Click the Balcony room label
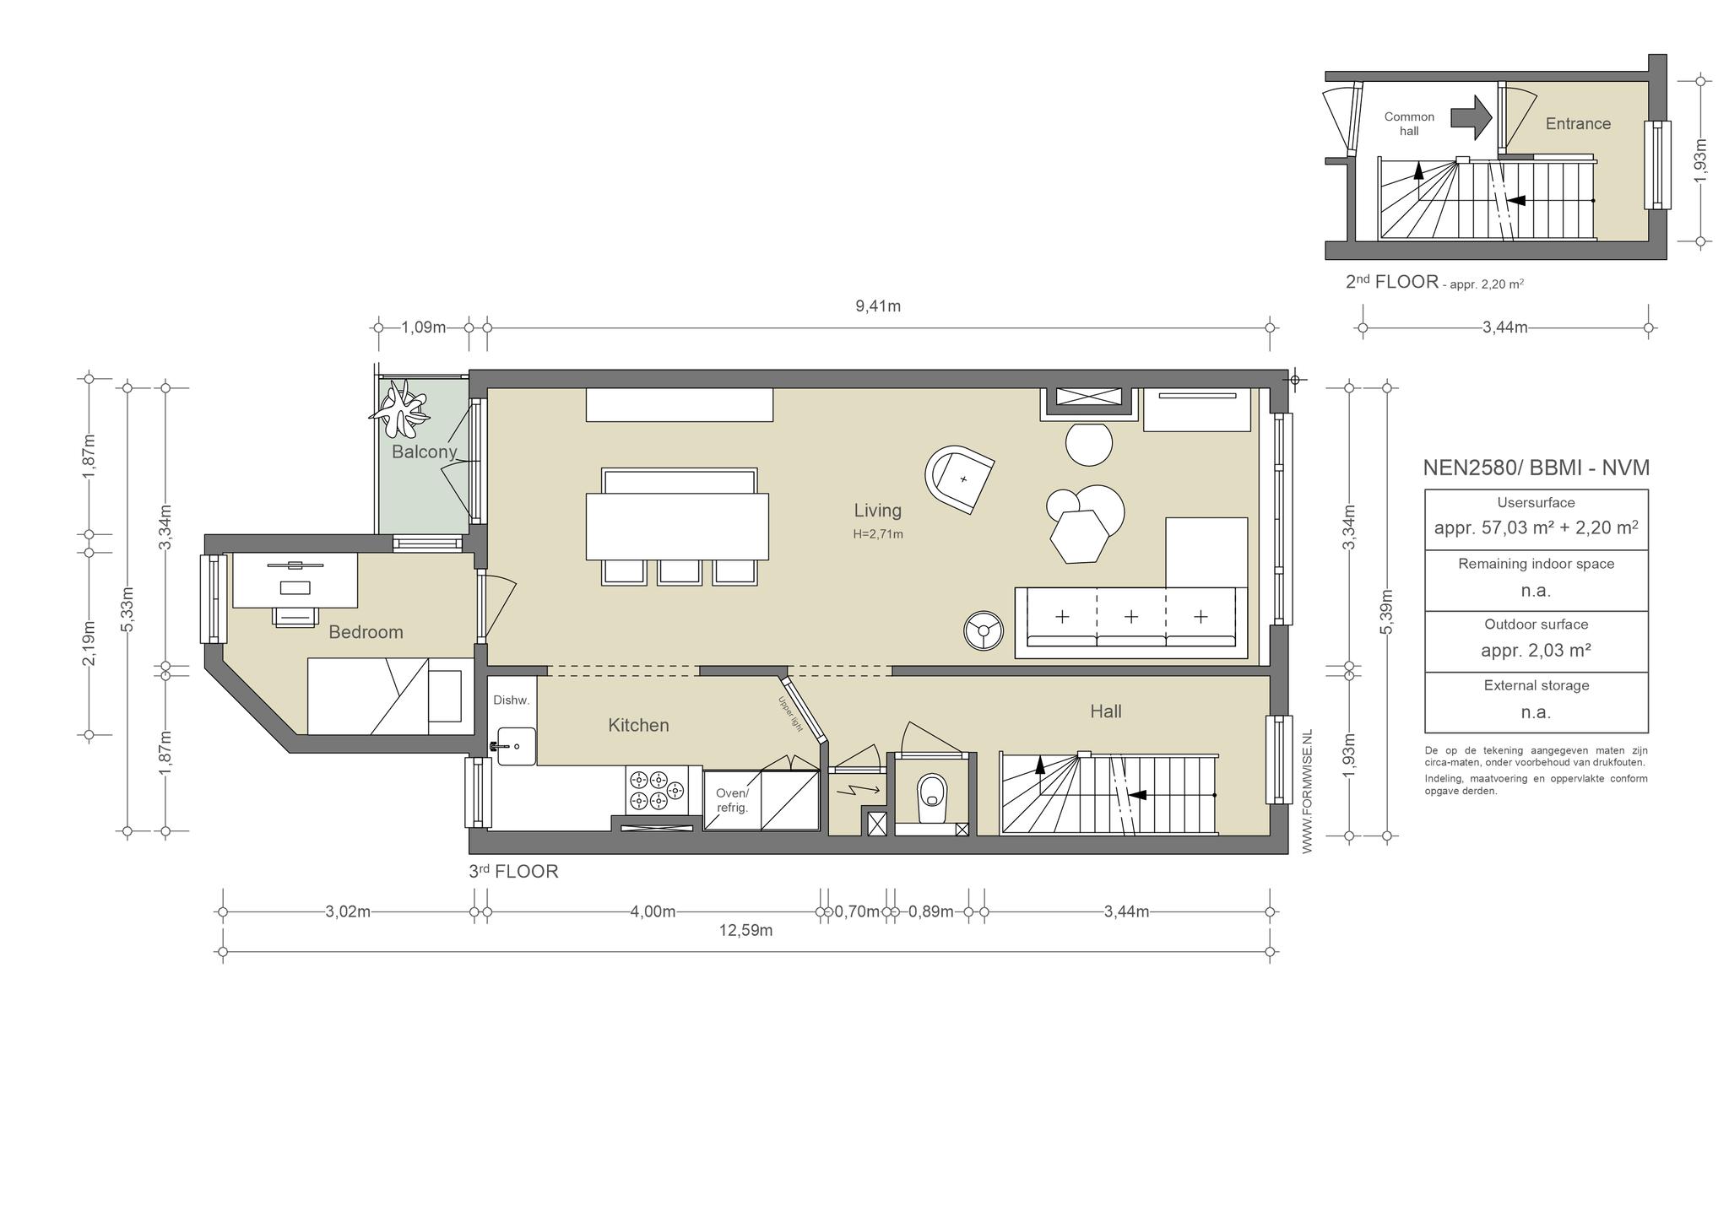[424, 451]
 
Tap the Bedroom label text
[366, 632]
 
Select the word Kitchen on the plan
[638, 725]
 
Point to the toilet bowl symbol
[932, 793]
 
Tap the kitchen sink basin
[516, 746]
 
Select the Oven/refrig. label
[732, 800]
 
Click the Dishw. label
[511, 700]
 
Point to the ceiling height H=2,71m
[878, 534]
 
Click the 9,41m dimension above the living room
[878, 306]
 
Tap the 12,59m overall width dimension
[745, 931]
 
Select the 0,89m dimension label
[930, 911]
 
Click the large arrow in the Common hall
[1472, 117]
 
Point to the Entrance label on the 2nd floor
[1578, 124]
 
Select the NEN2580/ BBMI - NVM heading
[1537, 468]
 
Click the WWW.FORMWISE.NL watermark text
[1308, 792]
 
